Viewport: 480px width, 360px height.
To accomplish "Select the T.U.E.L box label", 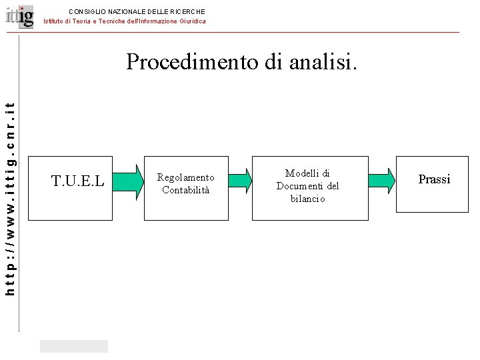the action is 78,179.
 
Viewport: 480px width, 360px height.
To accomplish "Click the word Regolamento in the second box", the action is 185,177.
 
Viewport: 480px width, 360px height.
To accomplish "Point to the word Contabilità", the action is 185,190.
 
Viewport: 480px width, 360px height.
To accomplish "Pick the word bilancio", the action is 307,198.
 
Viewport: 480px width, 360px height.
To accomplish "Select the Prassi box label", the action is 434,179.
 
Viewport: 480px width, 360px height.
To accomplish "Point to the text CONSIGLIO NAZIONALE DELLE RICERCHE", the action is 137,11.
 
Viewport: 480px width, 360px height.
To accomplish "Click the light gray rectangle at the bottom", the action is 73,346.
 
